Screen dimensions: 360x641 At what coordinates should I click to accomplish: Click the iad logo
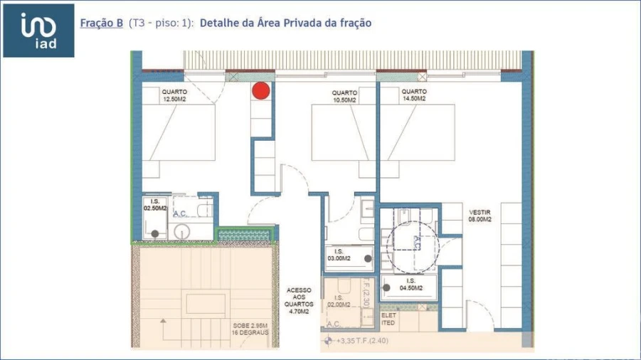(x=38, y=31)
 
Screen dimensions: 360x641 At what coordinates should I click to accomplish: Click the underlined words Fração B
(x=101, y=23)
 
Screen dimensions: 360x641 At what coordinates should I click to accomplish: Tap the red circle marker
(x=261, y=90)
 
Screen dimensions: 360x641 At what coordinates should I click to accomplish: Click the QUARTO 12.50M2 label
(x=174, y=96)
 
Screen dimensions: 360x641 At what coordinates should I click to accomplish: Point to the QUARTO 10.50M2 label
(x=344, y=96)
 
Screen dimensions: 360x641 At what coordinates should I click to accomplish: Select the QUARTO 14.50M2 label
(x=414, y=95)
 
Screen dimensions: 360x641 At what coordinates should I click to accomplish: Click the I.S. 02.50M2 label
(x=155, y=205)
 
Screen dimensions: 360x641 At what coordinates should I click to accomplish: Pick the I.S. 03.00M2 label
(x=339, y=255)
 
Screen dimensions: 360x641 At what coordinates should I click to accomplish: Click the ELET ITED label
(x=388, y=319)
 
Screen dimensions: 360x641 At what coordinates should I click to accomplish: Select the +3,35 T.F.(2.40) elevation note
(x=364, y=341)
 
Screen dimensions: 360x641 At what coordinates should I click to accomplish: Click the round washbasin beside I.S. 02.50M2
(x=182, y=231)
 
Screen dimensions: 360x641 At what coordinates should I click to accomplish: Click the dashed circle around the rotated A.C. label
(x=414, y=246)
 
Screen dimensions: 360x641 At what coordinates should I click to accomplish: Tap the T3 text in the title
(x=139, y=23)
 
